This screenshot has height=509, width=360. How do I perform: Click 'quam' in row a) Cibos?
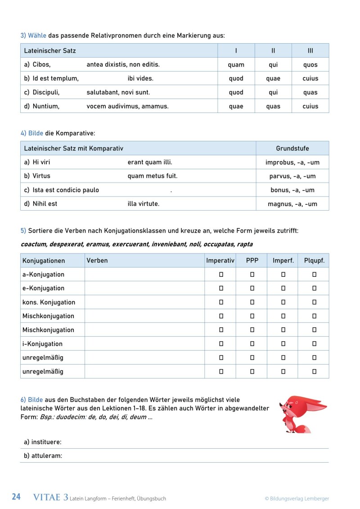[x=236, y=65]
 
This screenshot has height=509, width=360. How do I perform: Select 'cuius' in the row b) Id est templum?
[x=310, y=78]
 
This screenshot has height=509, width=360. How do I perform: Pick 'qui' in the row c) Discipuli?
[x=273, y=92]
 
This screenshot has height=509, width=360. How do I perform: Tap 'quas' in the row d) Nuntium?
[x=273, y=106]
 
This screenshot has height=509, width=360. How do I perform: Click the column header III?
[x=310, y=51]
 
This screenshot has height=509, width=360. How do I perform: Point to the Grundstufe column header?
[x=292, y=149]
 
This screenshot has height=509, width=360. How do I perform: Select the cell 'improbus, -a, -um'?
[x=292, y=162]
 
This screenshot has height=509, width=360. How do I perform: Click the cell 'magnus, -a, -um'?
[x=292, y=204]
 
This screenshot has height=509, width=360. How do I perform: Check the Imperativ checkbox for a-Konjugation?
[x=221, y=275]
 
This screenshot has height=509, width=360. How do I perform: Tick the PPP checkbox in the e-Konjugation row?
[x=252, y=288]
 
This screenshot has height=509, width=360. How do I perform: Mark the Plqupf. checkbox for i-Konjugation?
[x=314, y=344]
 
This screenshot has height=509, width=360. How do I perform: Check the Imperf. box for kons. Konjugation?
[x=283, y=302]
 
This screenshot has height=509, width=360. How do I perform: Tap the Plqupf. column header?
[x=314, y=261]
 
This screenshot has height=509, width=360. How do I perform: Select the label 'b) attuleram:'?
[x=43, y=456]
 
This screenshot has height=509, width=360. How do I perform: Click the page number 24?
[x=16, y=497]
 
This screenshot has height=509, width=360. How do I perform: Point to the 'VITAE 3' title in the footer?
[x=51, y=497]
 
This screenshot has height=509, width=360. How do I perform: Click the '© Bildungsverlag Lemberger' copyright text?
[x=297, y=499]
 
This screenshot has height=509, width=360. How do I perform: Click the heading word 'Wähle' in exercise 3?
[x=37, y=35]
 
